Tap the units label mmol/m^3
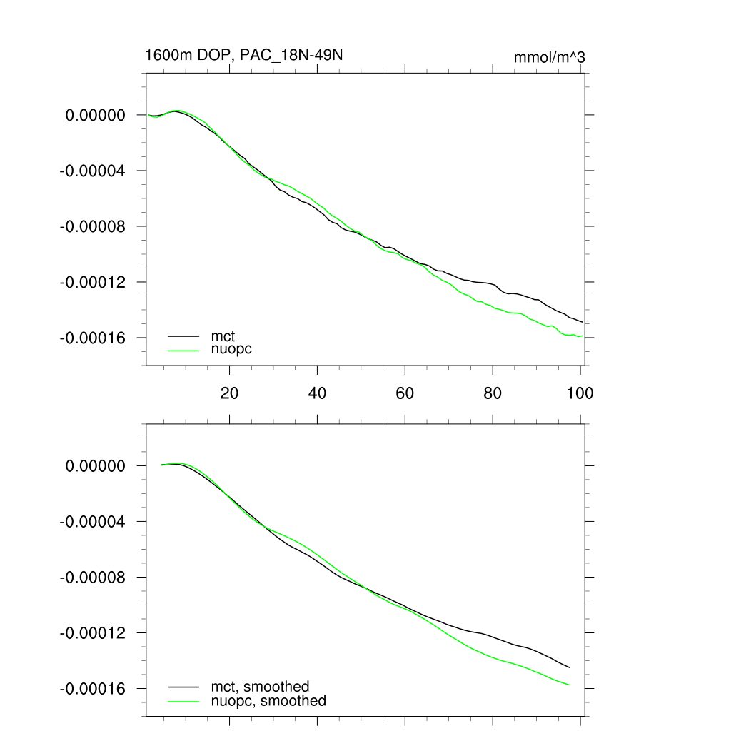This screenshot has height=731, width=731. (x=550, y=57)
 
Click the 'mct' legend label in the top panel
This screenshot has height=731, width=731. (x=223, y=336)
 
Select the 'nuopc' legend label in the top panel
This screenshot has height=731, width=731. (x=231, y=350)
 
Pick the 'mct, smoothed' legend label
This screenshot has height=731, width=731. (x=260, y=687)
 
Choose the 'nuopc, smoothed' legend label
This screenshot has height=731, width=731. (x=268, y=701)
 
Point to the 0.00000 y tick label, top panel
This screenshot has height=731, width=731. (x=96, y=115)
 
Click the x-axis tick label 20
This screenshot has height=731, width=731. (x=229, y=393)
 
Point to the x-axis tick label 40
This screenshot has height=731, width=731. (x=317, y=393)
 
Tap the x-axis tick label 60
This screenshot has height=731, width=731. (x=405, y=393)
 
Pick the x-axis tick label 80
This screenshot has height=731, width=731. (x=493, y=393)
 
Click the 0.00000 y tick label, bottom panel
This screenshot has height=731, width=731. (x=96, y=466)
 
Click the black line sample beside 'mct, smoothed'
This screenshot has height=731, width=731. (x=183, y=687)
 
